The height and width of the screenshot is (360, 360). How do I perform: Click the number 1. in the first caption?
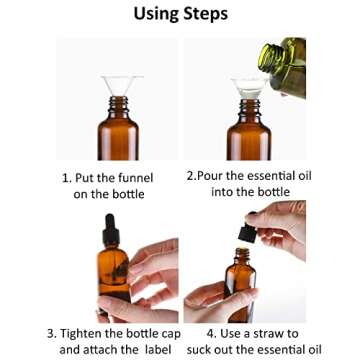pyautogui.click(x=68, y=178)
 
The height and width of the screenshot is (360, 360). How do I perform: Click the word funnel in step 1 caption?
pyautogui.click(x=133, y=178)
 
